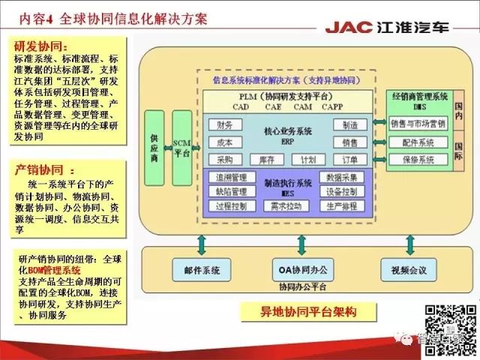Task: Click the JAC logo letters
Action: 349,28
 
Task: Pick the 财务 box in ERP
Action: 223,124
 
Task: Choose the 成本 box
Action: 223,142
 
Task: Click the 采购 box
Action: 223,160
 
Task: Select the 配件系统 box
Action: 417,142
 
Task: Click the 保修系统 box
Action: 417,159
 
